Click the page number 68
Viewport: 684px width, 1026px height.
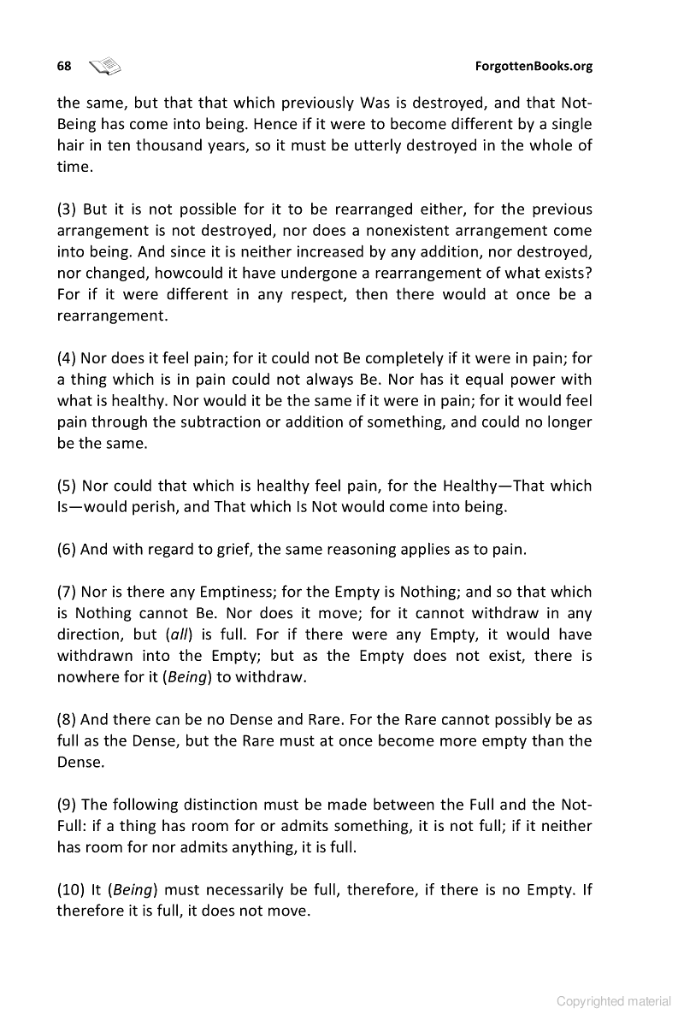click(64, 66)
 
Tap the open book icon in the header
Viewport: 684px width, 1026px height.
click(105, 66)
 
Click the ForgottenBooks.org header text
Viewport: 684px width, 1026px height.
click(534, 66)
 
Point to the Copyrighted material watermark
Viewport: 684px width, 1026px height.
click(614, 1000)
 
